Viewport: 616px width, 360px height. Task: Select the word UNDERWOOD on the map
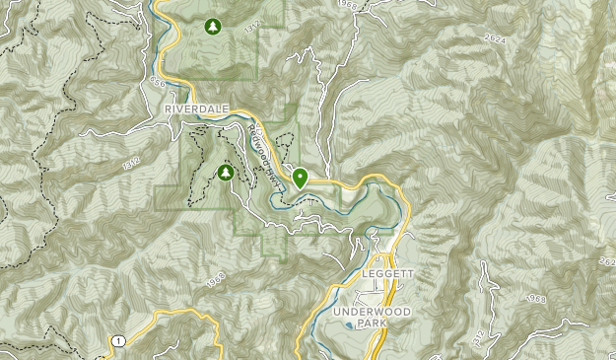coord(370,311)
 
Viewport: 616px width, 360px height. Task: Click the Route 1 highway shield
coord(118,340)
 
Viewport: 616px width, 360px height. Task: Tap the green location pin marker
coord(299,178)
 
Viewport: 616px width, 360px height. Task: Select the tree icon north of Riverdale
coord(209,27)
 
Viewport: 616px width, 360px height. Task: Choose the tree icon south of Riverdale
coord(226,173)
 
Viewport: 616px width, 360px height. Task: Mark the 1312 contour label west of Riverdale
coord(132,161)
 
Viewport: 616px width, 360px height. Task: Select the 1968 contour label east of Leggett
coord(535,298)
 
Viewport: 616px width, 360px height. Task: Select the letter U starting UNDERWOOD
coord(337,311)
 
